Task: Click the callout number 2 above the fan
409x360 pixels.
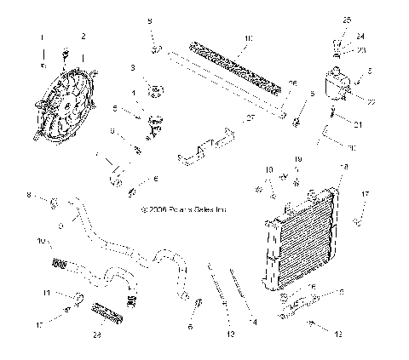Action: (x=83, y=36)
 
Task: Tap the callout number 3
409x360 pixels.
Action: (x=133, y=67)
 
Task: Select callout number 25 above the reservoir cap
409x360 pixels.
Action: (x=347, y=19)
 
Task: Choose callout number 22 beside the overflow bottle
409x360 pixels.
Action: (x=371, y=101)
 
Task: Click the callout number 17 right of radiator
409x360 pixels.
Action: (x=365, y=195)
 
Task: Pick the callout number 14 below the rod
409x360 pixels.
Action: (x=252, y=323)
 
